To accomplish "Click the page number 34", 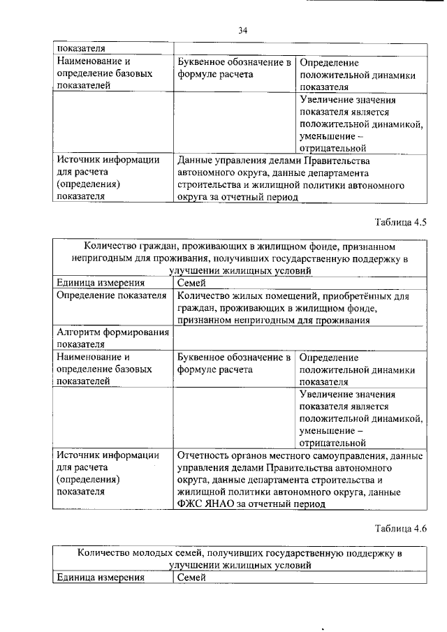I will pos(242,29).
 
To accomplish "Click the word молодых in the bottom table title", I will pos(158,553).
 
